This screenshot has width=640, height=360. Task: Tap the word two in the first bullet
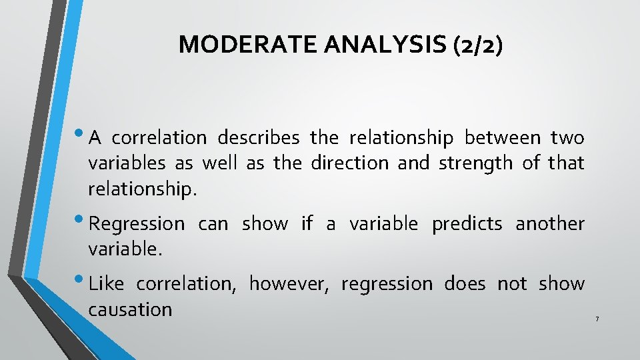[567, 138]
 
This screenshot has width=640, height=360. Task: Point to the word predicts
[467, 224]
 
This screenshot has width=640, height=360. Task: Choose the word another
[550, 224]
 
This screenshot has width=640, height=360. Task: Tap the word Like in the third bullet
[106, 284]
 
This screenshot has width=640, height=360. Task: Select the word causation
[130, 309]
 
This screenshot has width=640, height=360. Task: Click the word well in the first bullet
[219, 163]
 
